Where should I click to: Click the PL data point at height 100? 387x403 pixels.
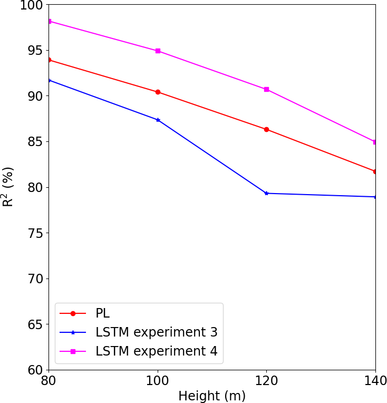coord(158,92)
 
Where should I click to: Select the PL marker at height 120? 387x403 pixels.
coord(266,129)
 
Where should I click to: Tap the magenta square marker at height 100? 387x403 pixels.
coord(158,51)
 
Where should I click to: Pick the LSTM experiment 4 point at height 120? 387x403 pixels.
coord(266,89)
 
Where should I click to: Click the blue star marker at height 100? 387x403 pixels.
coord(158,120)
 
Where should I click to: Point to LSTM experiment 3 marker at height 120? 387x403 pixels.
coord(266,193)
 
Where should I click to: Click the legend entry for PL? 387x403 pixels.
coord(102,313)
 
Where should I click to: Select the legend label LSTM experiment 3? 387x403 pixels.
coord(156,332)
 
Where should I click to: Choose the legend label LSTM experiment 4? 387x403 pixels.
coord(156,351)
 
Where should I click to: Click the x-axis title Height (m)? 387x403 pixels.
coord(212,396)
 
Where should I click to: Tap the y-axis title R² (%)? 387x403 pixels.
coord(8,187)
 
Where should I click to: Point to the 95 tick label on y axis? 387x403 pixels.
coord(35,51)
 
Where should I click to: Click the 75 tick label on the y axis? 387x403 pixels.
coord(35,233)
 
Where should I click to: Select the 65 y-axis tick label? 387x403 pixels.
coord(35,324)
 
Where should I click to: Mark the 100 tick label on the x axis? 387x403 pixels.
coord(158,381)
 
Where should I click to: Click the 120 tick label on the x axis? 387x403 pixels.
coord(266,381)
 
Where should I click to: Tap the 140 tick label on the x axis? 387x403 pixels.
coord(375,381)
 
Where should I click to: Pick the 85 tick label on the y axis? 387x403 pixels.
coord(35,142)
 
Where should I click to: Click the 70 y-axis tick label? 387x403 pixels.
coord(35,279)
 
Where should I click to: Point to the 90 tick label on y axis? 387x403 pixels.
coord(35,96)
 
